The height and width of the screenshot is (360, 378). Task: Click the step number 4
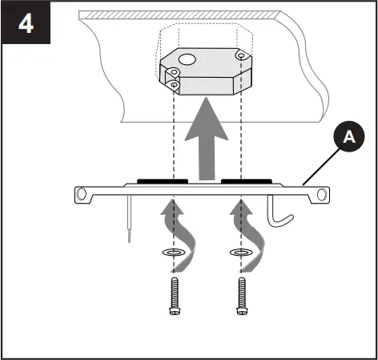point(26,26)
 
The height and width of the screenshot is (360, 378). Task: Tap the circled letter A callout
point(348,138)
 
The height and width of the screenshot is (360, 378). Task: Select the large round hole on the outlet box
point(187,59)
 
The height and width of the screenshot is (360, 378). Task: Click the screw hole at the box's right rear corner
point(241,55)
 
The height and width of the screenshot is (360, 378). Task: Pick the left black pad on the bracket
point(158,181)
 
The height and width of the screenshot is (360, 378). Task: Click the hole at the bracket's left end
point(81,193)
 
